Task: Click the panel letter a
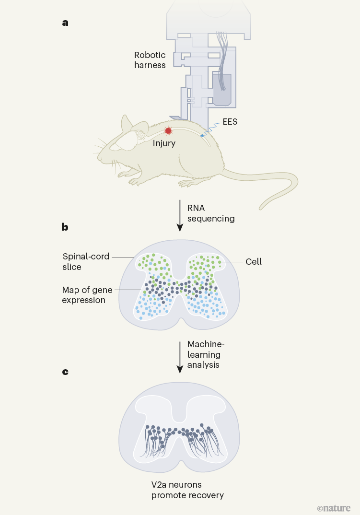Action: point(65,22)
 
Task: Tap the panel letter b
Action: point(65,227)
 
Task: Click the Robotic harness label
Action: point(150,60)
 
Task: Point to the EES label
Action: point(230,122)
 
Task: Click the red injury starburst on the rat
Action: point(168,131)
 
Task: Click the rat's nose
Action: point(99,158)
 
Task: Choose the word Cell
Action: point(254,262)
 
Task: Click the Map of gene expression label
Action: point(84,295)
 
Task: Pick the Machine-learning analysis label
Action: point(204,355)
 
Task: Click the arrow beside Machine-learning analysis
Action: point(180,357)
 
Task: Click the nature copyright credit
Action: point(334,508)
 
